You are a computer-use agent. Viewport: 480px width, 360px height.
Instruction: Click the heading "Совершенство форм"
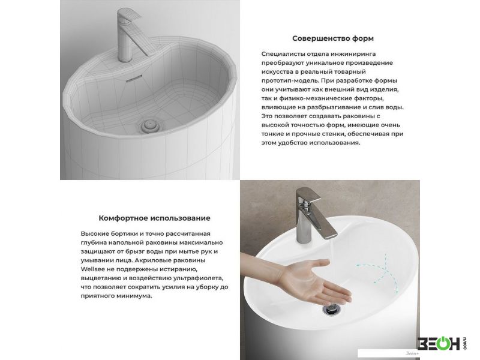(333, 38)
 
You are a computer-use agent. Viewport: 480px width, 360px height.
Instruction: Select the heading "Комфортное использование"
(154, 218)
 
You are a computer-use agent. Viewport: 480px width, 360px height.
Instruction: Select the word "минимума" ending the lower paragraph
(138, 296)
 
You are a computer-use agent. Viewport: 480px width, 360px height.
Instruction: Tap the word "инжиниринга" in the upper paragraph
(356, 54)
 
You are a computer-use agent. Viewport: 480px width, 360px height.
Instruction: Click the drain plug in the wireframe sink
(150, 125)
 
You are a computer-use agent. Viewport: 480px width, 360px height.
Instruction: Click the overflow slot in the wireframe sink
(134, 79)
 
